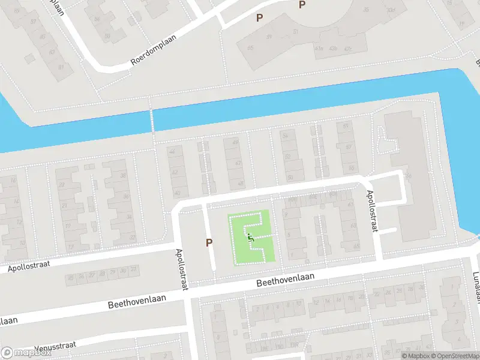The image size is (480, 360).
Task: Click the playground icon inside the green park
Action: coord(251,238)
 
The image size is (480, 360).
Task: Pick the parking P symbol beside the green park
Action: coord(209,242)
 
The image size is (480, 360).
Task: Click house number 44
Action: coord(175,152)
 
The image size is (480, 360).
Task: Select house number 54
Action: coord(286,137)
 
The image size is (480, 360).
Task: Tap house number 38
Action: coord(123,175)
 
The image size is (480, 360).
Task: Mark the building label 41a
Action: coord(319,49)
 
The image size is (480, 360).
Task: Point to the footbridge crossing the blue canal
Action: coord(152,120)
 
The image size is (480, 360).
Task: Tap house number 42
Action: coord(175,172)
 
